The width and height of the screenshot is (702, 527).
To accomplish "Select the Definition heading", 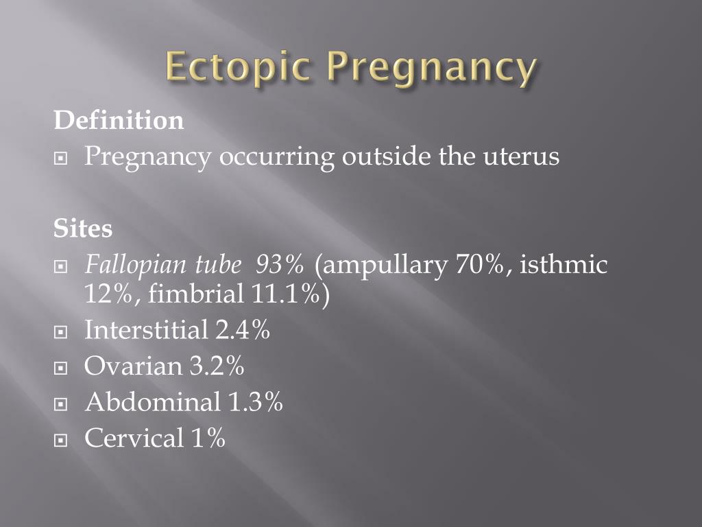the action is click(119, 120).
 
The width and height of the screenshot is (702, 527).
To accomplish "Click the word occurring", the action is click(277, 158).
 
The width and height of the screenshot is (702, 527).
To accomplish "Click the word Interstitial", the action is click(147, 330).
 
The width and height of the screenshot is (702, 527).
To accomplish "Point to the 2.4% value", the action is click(243, 330).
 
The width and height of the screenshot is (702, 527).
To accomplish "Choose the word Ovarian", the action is click(133, 366).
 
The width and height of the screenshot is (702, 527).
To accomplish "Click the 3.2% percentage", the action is click(217, 366).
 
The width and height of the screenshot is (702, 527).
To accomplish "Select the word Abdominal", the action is click(152, 401).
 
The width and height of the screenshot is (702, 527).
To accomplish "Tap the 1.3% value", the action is click(256, 402).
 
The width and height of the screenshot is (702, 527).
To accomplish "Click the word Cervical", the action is click(134, 437).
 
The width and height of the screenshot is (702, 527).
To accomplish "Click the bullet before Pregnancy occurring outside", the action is click(60, 159).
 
